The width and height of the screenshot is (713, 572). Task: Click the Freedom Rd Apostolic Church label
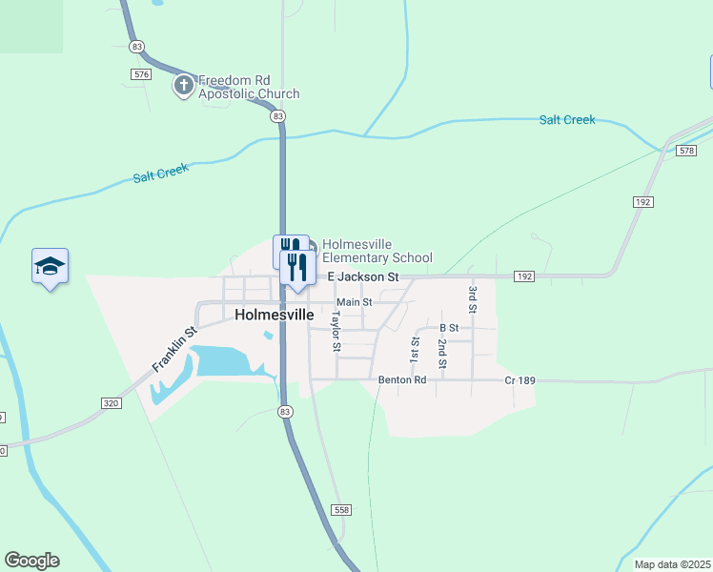click(x=248, y=87)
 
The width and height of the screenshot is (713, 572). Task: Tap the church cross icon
click(x=182, y=87)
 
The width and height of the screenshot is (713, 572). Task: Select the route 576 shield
click(x=142, y=73)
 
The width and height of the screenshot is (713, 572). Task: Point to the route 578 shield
click(x=686, y=151)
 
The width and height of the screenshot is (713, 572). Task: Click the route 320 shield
click(x=112, y=403)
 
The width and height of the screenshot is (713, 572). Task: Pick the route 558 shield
click(x=341, y=510)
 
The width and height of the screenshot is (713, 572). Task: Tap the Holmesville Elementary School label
click(x=377, y=251)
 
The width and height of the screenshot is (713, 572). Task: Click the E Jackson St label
click(x=363, y=276)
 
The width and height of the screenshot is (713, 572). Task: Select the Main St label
click(x=354, y=302)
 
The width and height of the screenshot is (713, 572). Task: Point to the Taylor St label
click(x=336, y=329)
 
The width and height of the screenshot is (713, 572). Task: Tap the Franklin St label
click(x=173, y=349)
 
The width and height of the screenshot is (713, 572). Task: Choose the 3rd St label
click(x=471, y=298)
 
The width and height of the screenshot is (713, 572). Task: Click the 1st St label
click(x=415, y=349)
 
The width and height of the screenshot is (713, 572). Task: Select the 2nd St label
click(x=442, y=352)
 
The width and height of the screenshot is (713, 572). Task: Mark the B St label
click(x=449, y=328)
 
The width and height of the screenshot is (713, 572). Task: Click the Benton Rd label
click(x=401, y=379)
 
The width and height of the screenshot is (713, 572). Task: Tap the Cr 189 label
click(x=519, y=380)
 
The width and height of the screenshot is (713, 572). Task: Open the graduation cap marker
click(x=50, y=267)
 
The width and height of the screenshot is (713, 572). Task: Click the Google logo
click(x=31, y=561)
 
